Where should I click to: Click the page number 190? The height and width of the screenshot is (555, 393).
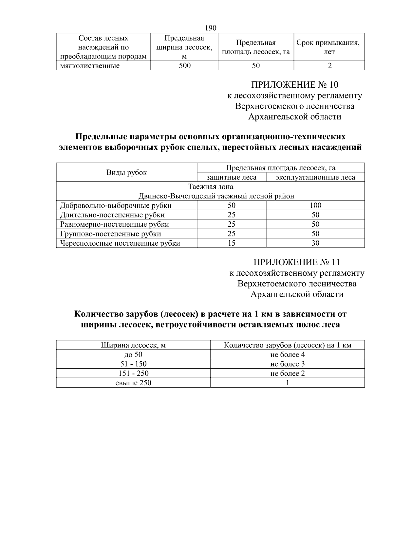point(211,28)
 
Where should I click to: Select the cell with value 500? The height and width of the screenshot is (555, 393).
point(184,65)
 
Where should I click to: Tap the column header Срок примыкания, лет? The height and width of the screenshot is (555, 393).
point(329,47)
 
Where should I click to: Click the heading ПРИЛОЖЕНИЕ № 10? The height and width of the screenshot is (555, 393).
point(294,85)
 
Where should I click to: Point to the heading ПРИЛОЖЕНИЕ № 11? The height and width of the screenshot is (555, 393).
point(297,263)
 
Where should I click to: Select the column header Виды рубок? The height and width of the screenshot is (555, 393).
point(126,172)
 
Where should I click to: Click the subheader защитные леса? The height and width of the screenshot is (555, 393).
point(231,177)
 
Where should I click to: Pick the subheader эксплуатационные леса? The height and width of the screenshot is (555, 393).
point(315,177)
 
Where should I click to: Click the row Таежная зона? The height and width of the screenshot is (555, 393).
point(211,186)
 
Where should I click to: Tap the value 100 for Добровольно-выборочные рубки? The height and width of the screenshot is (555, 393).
point(315,205)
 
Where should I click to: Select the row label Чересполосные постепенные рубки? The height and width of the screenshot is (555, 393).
point(120,243)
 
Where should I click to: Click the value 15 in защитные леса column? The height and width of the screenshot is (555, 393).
point(231,243)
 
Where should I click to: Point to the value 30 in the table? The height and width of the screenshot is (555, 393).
point(315,243)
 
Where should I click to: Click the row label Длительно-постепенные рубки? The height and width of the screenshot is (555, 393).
point(112,215)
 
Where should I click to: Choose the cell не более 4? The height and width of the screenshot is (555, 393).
point(287,355)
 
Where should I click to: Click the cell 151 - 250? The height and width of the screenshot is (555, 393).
point(133,373)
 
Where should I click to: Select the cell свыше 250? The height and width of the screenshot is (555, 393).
point(133,383)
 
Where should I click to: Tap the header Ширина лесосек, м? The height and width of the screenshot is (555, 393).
point(133,345)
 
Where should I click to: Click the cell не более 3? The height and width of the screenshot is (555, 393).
point(287,364)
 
